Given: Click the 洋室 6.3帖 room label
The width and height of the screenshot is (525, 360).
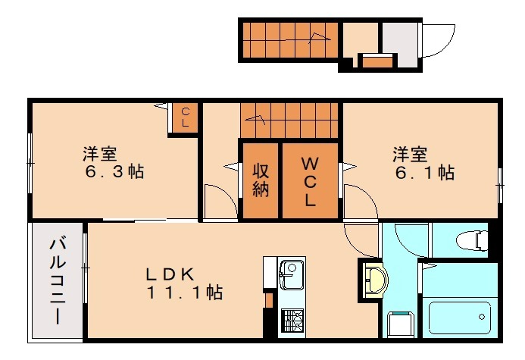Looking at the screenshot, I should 113,162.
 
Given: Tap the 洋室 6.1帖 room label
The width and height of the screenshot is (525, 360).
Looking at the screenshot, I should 423,164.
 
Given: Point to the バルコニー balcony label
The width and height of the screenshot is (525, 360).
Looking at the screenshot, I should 58,280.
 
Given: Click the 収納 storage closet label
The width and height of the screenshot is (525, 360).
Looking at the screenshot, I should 261,180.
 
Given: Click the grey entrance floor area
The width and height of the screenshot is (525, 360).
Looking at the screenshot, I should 398,41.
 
